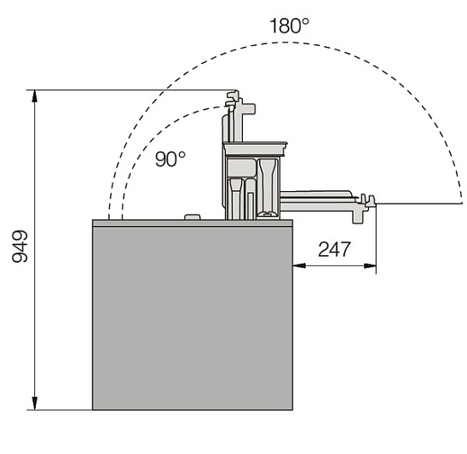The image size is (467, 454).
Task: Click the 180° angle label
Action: coord(289,26)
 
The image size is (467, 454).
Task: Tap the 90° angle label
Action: coord(170,159)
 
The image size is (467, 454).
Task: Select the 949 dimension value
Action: coord(20,247)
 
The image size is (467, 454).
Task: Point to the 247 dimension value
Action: coord(334,249)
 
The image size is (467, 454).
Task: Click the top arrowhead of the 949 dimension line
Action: coord(35,96)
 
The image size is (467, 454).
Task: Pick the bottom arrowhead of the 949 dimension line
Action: coord(35,404)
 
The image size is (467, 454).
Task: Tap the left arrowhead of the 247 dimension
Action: coord(299,265)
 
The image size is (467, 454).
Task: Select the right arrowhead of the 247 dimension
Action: coord(370,265)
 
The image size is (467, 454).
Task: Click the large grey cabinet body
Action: coord(193,318)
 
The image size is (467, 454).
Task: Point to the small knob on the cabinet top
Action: coord(192,217)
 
